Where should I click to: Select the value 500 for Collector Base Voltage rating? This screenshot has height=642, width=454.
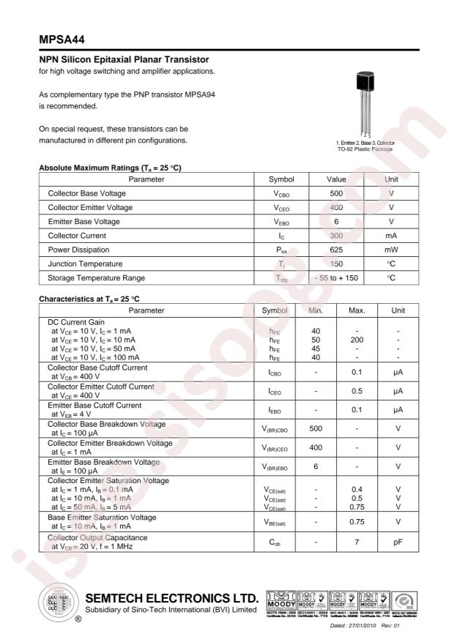[x=336, y=193]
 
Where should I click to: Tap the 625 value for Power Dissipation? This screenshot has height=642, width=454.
[x=336, y=249]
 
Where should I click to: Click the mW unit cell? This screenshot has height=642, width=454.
[x=391, y=249]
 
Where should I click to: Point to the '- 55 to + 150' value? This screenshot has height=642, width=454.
[x=336, y=277]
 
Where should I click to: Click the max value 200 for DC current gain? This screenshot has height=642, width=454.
[x=357, y=340]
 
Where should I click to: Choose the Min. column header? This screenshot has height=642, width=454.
[x=316, y=310]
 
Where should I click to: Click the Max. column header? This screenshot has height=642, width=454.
[x=357, y=310]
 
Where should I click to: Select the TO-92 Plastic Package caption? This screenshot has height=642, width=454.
[x=365, y=149]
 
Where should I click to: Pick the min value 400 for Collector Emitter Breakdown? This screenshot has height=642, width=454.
[x=316, y=447]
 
